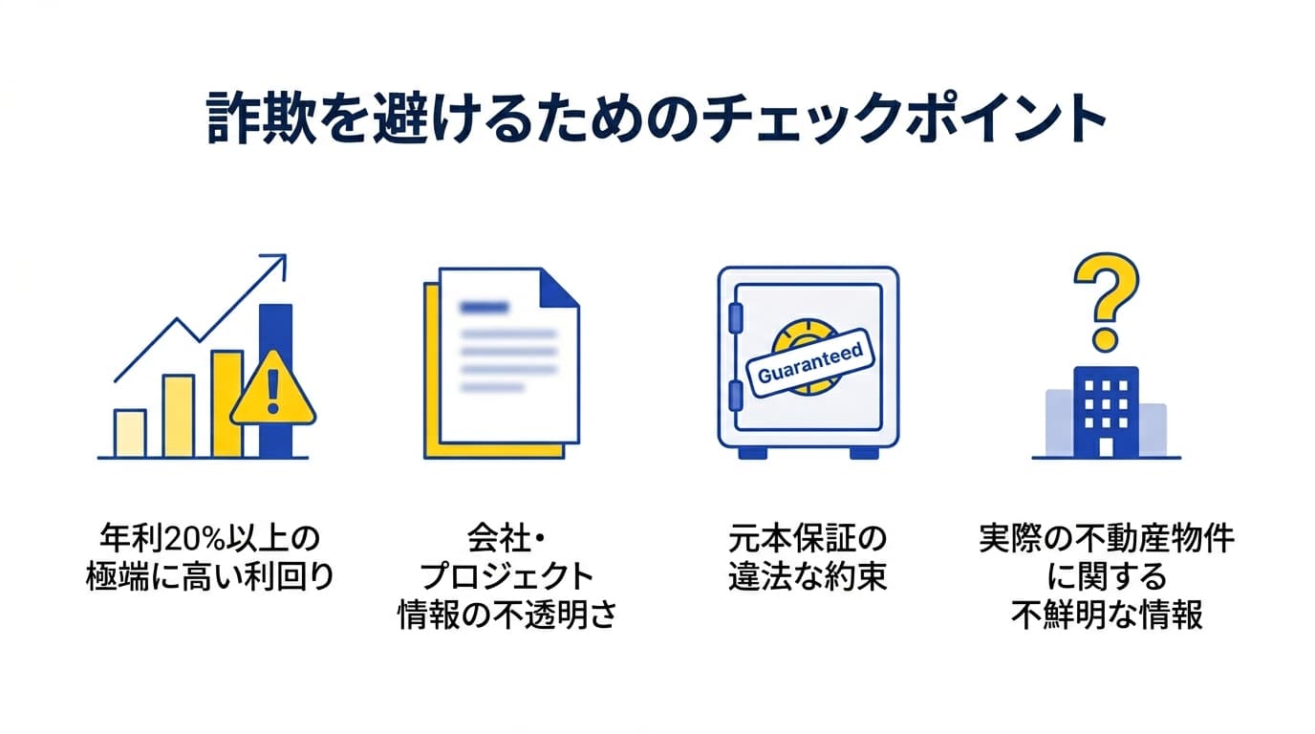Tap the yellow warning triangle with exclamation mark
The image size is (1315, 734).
click(x=273, y=390)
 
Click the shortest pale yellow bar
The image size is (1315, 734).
click(x=130, y=434)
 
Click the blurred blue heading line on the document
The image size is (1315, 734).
click(x=485, y=308)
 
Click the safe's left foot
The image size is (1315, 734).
click(x=752, y=452)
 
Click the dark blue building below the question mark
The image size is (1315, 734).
click(x=1106, y=411)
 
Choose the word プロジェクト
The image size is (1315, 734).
click(x=507, y=577)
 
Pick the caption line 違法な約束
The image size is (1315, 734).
click(x=808, y=577)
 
